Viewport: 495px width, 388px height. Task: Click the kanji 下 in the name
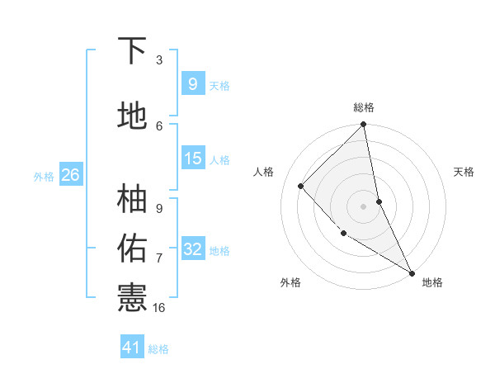click(132, 51)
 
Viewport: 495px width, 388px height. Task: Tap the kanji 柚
click(132, 199)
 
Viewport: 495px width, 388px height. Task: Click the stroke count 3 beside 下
click(159, 59)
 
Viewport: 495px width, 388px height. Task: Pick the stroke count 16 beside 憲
click(160, 307)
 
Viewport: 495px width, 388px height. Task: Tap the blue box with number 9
click(192, 83)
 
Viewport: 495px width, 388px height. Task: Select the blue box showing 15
click(192, 159)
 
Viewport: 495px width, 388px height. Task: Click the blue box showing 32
click(192, 249)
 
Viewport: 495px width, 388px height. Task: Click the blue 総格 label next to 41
click(158, 349)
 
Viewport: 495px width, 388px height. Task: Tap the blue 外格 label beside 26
click(44, 176)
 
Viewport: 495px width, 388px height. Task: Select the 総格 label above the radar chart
click(364, 108)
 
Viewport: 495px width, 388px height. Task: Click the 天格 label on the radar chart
click(464, 172)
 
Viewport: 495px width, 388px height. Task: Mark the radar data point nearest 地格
click(412, 272)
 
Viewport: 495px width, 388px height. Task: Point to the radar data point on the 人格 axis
click(301, 186)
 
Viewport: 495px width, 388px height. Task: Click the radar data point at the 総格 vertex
click(364, 125)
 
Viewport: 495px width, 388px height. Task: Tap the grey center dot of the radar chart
click(364, 206)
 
